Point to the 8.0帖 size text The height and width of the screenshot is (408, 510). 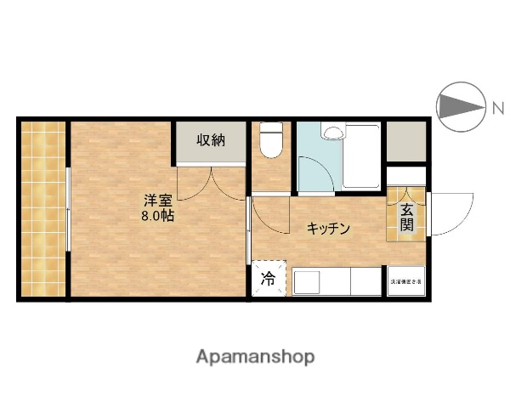(x=158, y=216)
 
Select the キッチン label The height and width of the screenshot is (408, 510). (x=328, y=228)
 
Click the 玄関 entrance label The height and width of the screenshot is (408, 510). (x=408, y=218)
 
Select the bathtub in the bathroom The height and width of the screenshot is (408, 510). (x=361, y=157)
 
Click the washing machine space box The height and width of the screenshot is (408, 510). (x=406, y=280)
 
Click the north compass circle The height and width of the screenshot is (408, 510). (x=458, y=106)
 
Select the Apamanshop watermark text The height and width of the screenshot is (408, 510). (x=256, y=357)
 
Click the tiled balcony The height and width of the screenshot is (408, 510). (x=43, y=208)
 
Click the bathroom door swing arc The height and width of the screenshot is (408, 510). (x=317, y=170)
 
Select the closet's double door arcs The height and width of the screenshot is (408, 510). (x=210, y=183)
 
